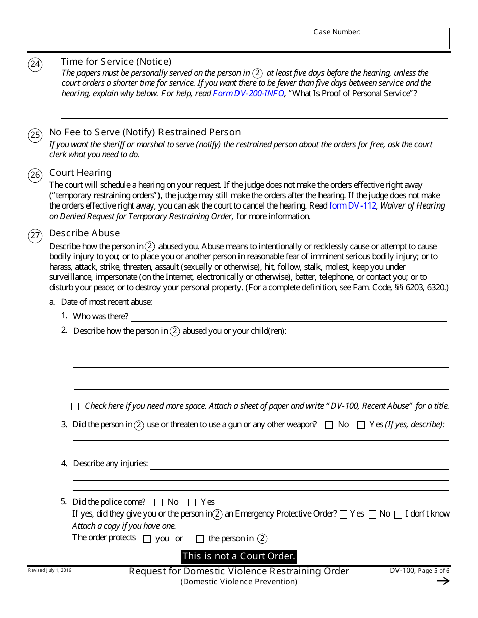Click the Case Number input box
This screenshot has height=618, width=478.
pos(380,39)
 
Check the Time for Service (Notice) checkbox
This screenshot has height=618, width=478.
pos(53,63)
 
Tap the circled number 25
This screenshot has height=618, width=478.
pos(35,135)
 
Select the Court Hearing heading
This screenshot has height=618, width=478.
pos(80,173)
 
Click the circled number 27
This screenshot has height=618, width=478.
pos(35,236)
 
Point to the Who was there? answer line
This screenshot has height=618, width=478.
pos(288,317)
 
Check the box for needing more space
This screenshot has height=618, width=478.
pos(75,406)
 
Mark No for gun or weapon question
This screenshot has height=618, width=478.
pos(329,425)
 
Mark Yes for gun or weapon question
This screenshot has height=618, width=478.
pos(360,425)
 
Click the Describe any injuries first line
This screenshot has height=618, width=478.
pos(299,464)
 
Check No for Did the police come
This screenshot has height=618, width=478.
pos(158,502)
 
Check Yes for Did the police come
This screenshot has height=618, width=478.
pos(192,502)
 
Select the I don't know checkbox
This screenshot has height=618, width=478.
pos(398,514)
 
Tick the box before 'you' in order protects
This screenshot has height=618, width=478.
pos(147,539)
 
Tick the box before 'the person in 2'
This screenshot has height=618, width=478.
pos(200,539)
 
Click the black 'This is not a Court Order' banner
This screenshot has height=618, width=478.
pos(239,556)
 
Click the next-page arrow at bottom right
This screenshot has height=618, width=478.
pos(443,581)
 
